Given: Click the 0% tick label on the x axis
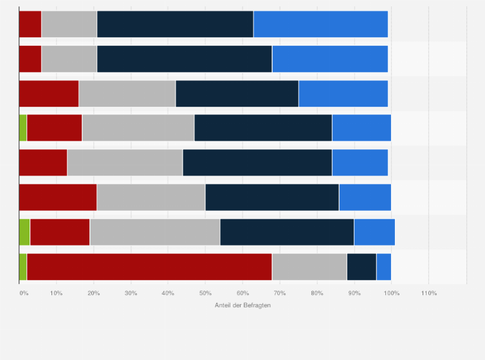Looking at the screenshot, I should [24, 293].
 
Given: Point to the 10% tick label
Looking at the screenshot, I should [56, 293].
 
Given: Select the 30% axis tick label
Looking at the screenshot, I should [131, 293].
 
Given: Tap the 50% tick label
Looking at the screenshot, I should [205, 293].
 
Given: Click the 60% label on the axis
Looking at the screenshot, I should [243, 293].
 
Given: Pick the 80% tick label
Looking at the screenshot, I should [317, 293].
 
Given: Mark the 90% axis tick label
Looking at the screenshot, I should [354, 293].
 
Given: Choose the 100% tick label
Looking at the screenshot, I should [391, 293].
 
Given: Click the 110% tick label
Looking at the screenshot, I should [428, 293].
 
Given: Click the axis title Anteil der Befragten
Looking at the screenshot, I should [243, 305].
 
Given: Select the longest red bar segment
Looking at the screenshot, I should [149, 267].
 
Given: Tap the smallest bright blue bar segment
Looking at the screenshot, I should [383, 267].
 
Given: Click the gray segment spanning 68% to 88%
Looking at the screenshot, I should [309, 267].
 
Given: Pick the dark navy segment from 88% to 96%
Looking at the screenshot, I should [361, 267].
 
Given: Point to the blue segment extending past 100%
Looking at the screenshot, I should [374, 232].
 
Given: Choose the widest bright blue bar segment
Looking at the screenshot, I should [320, 24].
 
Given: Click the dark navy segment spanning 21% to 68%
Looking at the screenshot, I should [185, 59].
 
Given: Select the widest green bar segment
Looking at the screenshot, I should [24, 232].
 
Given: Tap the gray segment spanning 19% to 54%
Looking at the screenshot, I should [155, 232].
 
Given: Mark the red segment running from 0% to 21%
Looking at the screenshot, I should [58, 197].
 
